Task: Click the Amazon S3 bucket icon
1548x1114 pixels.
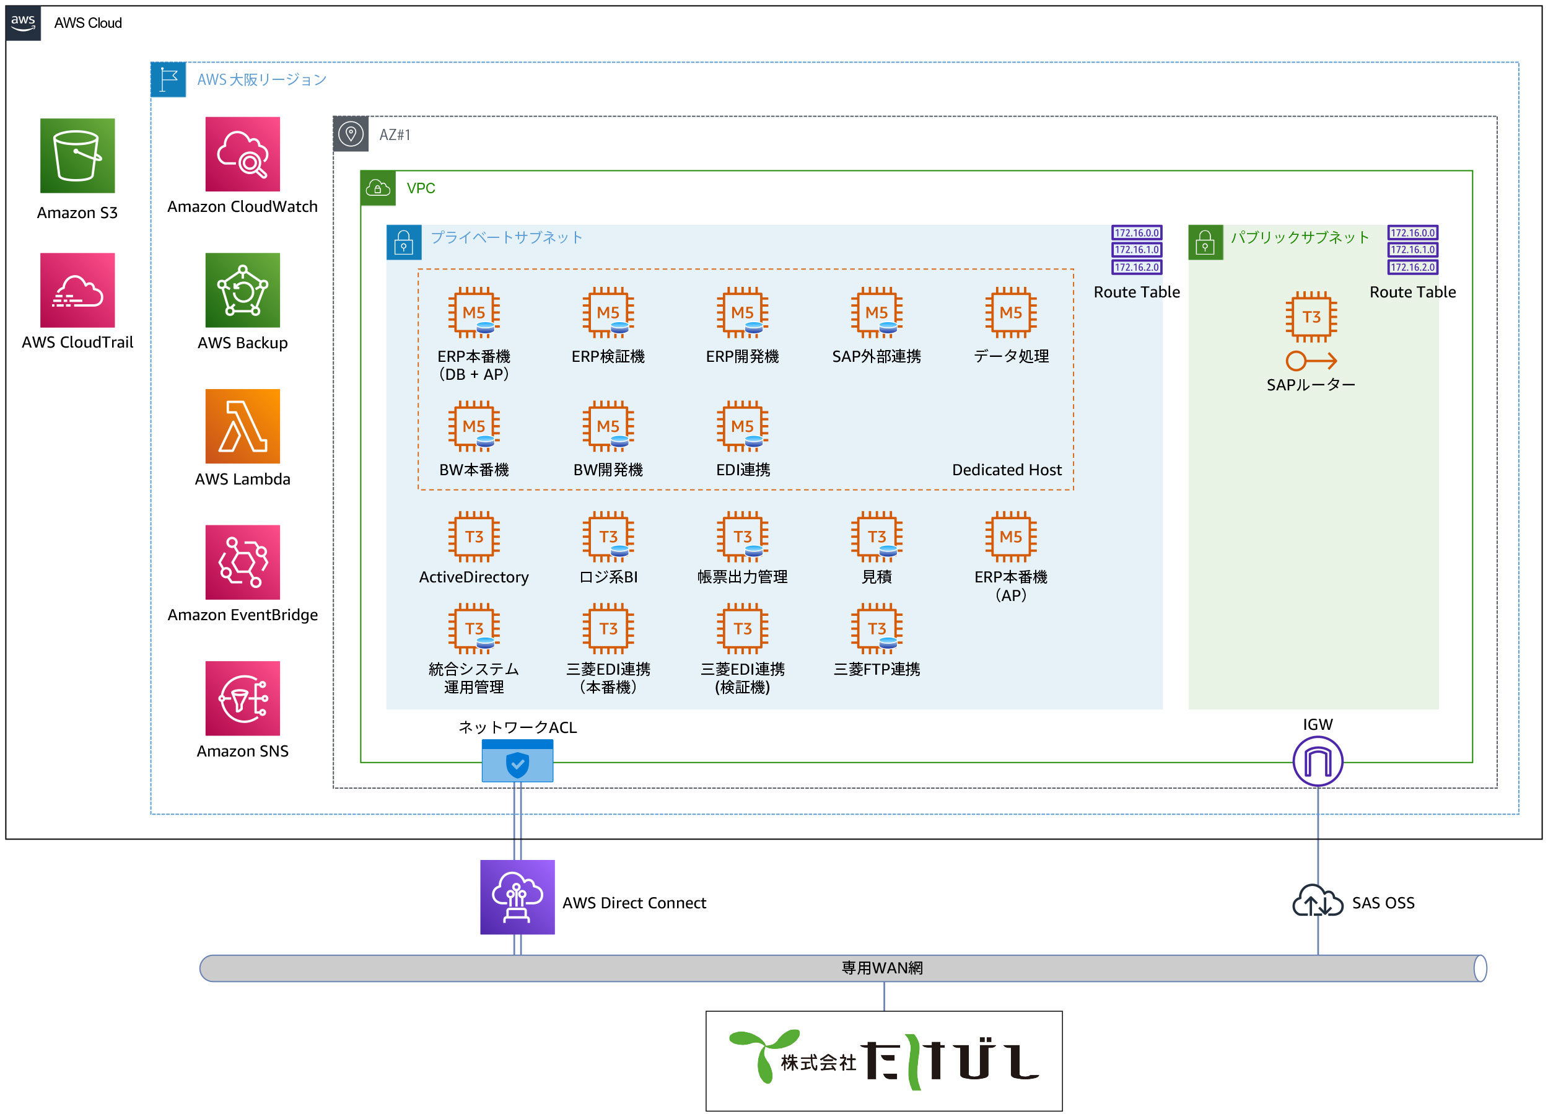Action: pos(77,156)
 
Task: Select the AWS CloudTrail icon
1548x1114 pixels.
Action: pos(77,290)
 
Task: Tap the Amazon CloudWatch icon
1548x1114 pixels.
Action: pos(242,154)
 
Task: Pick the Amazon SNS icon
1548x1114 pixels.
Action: pos(242,698)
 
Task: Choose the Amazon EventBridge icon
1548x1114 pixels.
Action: pos(242,563)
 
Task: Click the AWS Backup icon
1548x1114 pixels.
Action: pos(242,290)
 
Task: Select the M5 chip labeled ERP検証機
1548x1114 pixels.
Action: pos(608,313)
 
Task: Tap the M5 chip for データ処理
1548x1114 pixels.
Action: pos(1010,313)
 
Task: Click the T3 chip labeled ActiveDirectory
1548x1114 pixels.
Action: pos(474,537)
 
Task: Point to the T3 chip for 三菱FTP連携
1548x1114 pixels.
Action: pos(877,629)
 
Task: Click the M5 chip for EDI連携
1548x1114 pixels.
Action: pos(742,426)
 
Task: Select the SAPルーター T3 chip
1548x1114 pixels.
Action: pos(1311,317)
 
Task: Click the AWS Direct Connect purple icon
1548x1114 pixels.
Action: pos(517,897)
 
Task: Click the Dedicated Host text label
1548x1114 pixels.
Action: pos(1006,470)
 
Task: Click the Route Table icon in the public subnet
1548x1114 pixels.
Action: pos(1412,250)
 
